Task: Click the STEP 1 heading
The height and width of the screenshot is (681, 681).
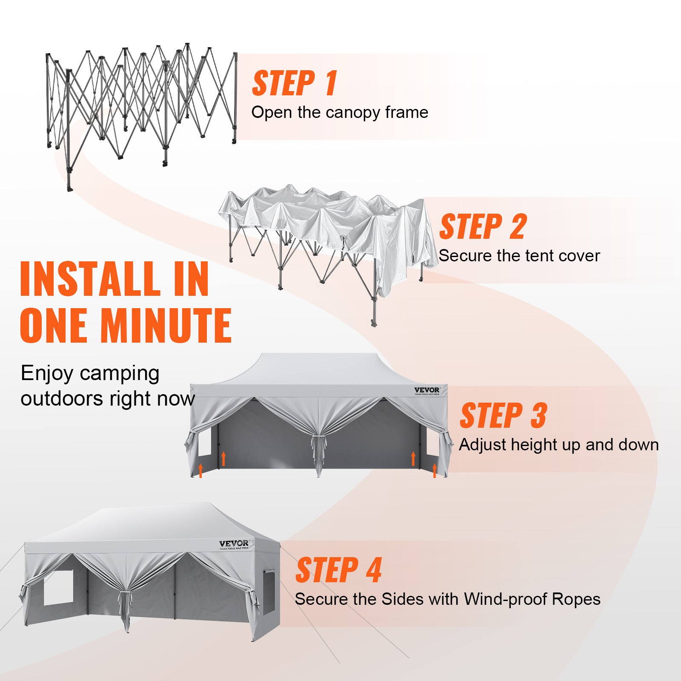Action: click(295, 83)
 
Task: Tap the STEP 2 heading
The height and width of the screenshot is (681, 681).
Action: click(483, 227)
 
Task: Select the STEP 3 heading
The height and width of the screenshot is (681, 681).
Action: click(503, 416)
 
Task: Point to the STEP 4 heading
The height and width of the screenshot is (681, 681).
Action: click(338, 570)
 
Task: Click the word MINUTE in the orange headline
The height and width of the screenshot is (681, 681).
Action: click(166, 326)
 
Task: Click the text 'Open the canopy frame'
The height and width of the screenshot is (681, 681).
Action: click(340, 112)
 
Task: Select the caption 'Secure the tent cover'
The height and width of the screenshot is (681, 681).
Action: click(519, 256)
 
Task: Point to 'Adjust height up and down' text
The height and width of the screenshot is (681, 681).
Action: click(558, 445)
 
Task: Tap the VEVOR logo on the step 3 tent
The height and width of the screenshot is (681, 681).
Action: click(427, 390)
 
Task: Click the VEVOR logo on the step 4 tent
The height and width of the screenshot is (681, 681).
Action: click(234, 544)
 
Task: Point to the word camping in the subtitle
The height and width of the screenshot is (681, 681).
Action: click(120, 374)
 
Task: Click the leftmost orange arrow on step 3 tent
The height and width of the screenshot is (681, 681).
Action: click(201, 470)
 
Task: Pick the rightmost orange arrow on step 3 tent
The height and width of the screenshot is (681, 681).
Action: click(435, 470)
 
